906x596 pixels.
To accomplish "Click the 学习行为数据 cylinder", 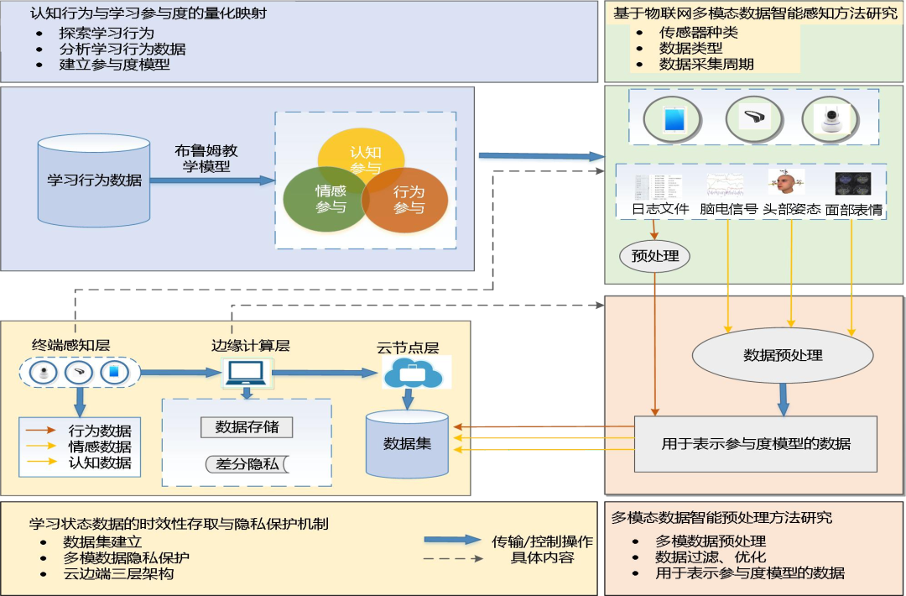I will click(94, 180).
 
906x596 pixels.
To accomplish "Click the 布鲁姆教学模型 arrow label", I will click(206, 159).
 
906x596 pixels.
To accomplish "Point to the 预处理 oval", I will click(654, 255).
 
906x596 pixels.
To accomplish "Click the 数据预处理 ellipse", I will click(783, 355).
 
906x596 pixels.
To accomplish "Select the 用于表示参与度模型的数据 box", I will click(755, 443).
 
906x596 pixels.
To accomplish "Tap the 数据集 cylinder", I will click(407, 443).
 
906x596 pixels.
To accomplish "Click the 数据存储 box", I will click(247, 426).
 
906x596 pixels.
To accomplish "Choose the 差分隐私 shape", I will click(247, 464).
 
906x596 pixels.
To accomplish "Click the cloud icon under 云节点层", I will click(412, 374).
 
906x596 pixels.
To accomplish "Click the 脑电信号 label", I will click(728, 209).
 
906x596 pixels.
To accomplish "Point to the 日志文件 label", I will click(660, 209).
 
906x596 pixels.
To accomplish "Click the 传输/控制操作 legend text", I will click(542, 541).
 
